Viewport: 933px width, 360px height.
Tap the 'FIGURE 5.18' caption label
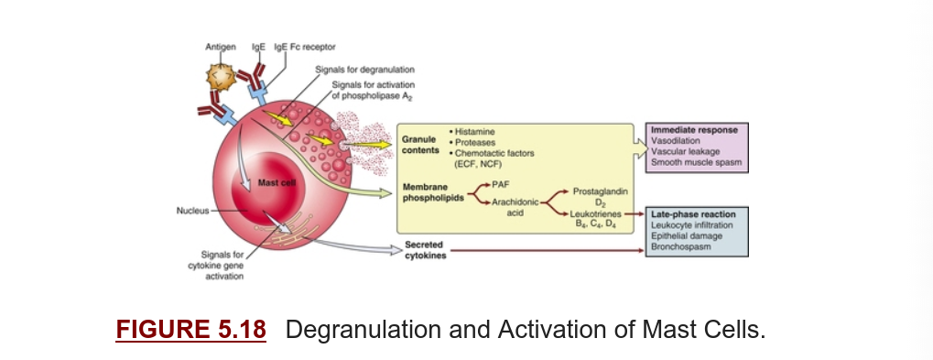tap(191, 330)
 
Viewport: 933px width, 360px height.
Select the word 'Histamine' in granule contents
tap(475, 132)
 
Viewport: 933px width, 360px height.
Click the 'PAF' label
tap(501, 184)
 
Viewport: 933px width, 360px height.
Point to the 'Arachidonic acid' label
tap(515, 207)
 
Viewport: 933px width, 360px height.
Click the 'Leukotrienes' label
tap(596, 213)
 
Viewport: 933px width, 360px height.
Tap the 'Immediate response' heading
tap(694, 130)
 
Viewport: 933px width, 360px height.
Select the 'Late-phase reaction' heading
tap(693, 214)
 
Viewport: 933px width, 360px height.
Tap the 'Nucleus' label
tap(193, 211)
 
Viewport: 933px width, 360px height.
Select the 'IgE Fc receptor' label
tap(305, 47)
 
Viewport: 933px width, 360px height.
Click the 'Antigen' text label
tap(221, 47)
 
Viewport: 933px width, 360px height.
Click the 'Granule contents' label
tap(420, 144)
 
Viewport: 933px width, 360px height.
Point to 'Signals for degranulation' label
tap(364, 70)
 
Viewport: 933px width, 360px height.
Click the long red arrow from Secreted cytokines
tap(548, 250)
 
